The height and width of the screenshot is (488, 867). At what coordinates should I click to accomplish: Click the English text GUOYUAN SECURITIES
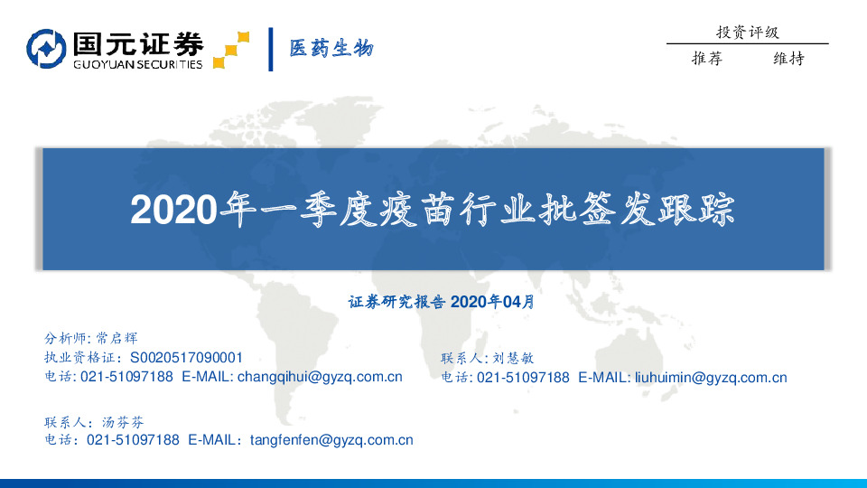click(x=137, y=64)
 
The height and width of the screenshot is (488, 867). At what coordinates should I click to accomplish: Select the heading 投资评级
click(x=747, y=33)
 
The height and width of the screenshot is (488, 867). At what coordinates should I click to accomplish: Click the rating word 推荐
click(x=707, y=59)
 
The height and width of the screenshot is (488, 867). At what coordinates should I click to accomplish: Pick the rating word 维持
click(x=788, y=59)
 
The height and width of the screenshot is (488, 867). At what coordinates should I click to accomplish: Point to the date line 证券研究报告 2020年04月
click(x=441, y=302)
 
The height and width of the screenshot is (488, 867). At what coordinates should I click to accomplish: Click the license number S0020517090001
click(x=187, y=358)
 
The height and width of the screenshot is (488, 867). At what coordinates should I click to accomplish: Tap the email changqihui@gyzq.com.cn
click(x=319, y=377)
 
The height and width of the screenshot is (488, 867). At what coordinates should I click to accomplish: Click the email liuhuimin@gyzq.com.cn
click(x=711, y=378)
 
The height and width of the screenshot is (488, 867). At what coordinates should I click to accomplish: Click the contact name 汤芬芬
click(x=121, y=422)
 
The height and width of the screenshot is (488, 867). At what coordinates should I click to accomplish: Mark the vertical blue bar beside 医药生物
click(x=271, y=49)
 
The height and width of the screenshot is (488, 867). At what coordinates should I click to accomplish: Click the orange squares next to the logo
click(x=231, y=51)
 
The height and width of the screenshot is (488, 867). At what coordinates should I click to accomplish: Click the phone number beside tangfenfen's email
click(x=133, y=440)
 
